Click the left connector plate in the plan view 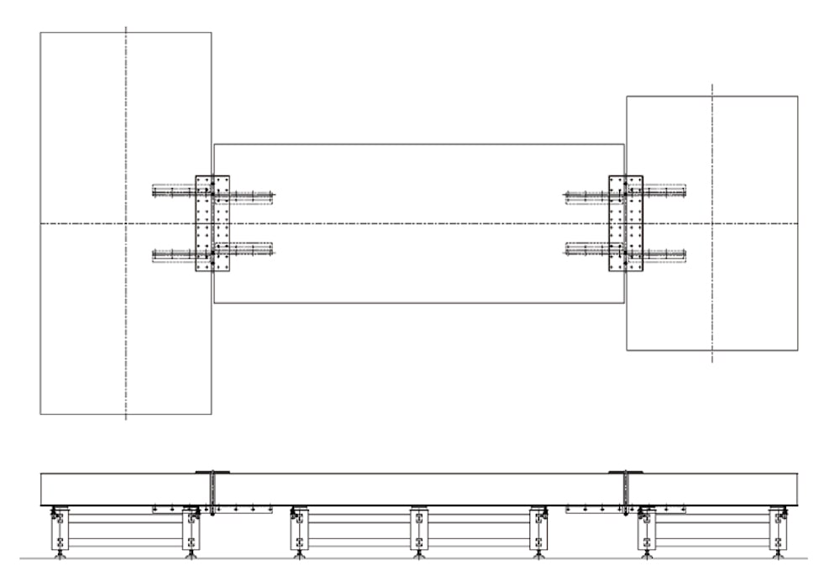point(212,223)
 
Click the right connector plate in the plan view point(625,223)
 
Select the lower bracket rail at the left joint point(213,251)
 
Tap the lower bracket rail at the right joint point(625,251)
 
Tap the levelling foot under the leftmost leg point(59,554)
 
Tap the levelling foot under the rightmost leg point(778,554)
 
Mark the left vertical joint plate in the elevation point(213,491)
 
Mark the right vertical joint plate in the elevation point(626,491)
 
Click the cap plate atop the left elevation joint point(207,472)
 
